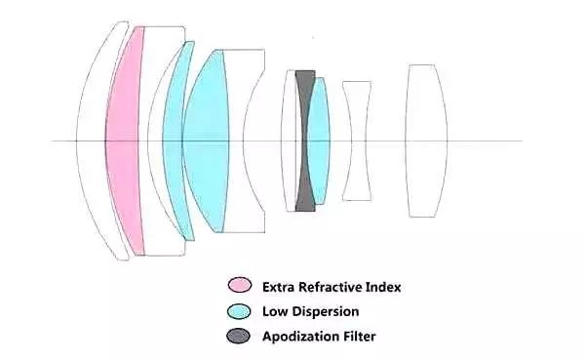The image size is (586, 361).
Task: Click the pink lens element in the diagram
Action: tap(123, 141)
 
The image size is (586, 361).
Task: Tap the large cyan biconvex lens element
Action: tap(207, 141)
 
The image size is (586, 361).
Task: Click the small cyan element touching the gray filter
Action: tap(319, 141)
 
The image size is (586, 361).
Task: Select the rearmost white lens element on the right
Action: tap(426, 141)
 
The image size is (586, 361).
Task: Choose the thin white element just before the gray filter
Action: tap(290, 141)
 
